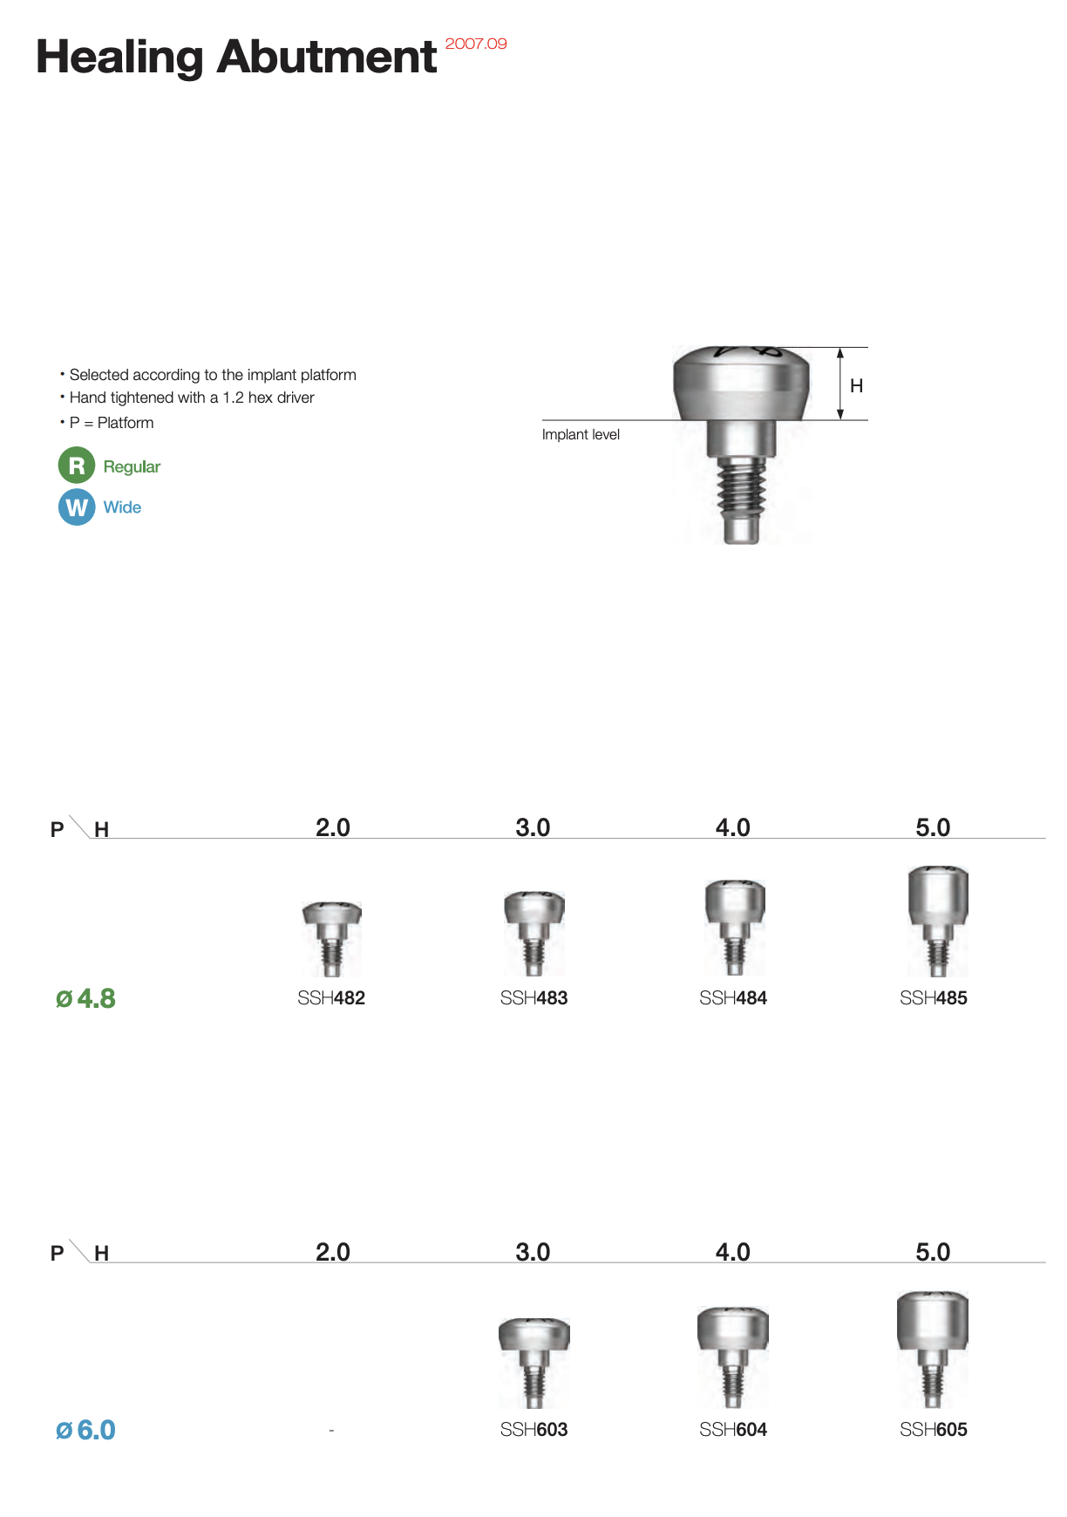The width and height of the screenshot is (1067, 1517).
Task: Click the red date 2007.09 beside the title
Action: point(476,44)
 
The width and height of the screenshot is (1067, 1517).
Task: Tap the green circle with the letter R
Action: point(77,466)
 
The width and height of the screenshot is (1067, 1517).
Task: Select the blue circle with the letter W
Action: point(77,507)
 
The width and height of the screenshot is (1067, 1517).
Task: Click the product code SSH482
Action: point(331,998)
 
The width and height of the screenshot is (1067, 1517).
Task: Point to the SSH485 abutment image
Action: point(938,921)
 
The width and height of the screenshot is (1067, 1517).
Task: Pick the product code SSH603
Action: point(533,1430)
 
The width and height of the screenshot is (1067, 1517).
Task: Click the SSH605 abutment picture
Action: point(933,1349)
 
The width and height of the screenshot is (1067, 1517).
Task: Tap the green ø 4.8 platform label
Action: point(85,998)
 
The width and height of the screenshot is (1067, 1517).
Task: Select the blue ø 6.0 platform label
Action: point(85,1430)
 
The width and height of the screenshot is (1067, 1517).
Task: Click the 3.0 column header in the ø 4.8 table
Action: point(533,827)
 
